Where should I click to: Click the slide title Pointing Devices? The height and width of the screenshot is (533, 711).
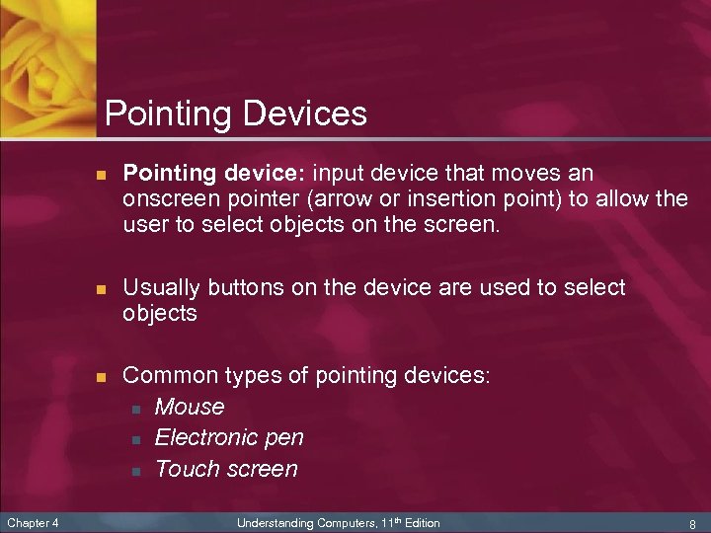[x=235, y=114]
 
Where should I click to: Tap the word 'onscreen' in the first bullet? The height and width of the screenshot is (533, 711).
[x=165, y=199]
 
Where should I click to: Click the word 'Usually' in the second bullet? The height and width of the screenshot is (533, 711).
[x=161, y=287]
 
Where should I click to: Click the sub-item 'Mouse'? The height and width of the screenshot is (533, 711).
[x=190, y=407]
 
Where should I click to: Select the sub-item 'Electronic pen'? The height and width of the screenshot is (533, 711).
[x=229, y=437]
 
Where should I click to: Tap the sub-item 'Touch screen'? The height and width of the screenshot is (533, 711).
[x=226, y=469]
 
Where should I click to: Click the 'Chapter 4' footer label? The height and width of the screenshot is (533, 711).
[x=33, y=522]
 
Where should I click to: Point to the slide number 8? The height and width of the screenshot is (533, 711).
[x=692, y=523]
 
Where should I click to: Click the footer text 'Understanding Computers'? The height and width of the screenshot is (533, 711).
[x=300, y=522]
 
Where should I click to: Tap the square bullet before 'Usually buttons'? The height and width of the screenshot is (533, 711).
[x=100, y=288]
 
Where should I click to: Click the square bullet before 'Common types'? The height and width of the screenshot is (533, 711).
[x=100, y=377]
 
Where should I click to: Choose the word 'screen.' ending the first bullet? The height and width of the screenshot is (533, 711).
[x=464, y=225]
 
